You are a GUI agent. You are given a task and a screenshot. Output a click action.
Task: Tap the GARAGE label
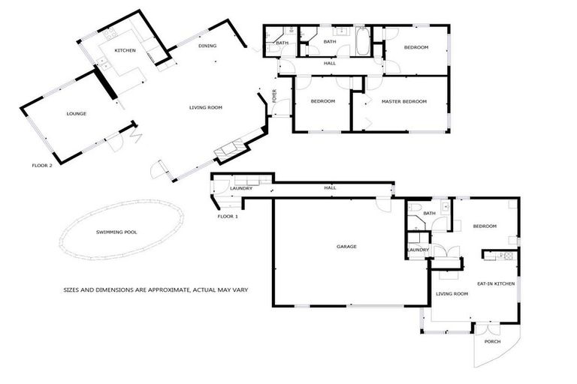pyautogui.click(x=346, y=247)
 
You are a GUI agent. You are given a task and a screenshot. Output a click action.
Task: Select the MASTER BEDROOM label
pyautogui.click(x=404, y=101)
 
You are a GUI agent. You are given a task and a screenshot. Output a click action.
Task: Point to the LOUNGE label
pyautogui.click(x=77, y=114)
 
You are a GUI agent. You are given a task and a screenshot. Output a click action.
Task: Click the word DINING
pyautogui.click(x=207, y=46)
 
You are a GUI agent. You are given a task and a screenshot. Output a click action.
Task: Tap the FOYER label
pyautogui.click(x=274, y=97)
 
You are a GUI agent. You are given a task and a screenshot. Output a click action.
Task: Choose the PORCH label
pyautogui.click(x=492, y=341)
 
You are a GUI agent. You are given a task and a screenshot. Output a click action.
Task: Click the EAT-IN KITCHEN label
pyautogui.click(x=495, y=283)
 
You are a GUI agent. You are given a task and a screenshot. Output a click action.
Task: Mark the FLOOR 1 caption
pyautogui.click(x=228, y=216)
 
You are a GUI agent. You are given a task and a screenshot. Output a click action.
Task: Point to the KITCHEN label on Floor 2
pyautogui.click(x=125, y=50)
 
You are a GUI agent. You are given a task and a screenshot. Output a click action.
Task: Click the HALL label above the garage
pyautogui.click(x=330, y=187)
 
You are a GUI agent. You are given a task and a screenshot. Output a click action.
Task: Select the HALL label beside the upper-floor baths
pyautogui.click(x=329, y=64)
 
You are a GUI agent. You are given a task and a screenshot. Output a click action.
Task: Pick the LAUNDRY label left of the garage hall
pyautogui.click(x=241, y=188)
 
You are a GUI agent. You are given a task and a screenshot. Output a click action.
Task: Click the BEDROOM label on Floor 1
pyautogui.click(x=485, y=226)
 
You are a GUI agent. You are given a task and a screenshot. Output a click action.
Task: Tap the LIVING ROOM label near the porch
pyautogui.click(x=452, y=294)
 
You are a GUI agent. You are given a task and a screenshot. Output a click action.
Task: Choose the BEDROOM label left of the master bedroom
pyautogui.click(x=323, y=101)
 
